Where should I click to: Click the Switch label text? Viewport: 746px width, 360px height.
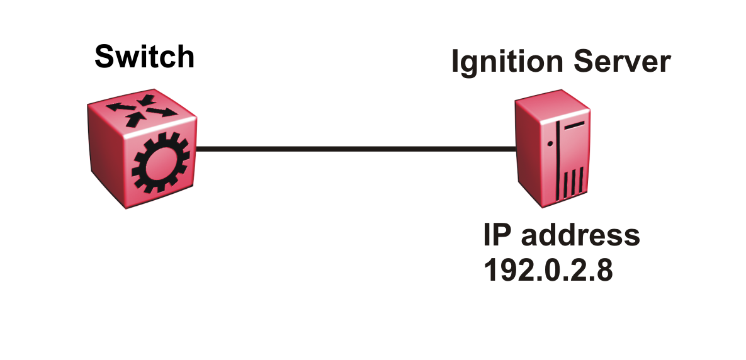click(x=145, y=57)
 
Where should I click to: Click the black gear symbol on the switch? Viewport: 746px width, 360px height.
click(x=161, y=163)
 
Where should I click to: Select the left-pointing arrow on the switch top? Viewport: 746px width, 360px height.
click(x=122, y=106)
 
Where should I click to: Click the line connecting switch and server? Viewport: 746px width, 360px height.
click(x=356, y=149)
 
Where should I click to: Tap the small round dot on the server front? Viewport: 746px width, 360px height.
click(x=550, y=143)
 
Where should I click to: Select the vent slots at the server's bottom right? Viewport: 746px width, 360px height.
click(x=574, y=183)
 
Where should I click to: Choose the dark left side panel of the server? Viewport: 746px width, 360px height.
click(x=529, y=152)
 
